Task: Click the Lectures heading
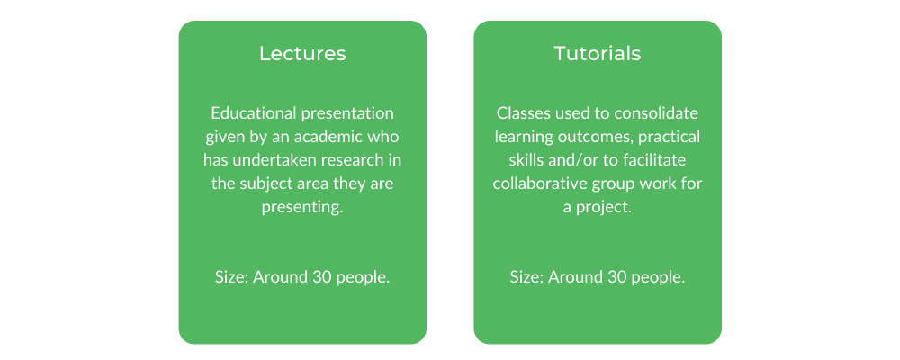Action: pos(302,53)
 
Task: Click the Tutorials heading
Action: pos(598,53)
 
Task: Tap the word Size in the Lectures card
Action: pos(230,277)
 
